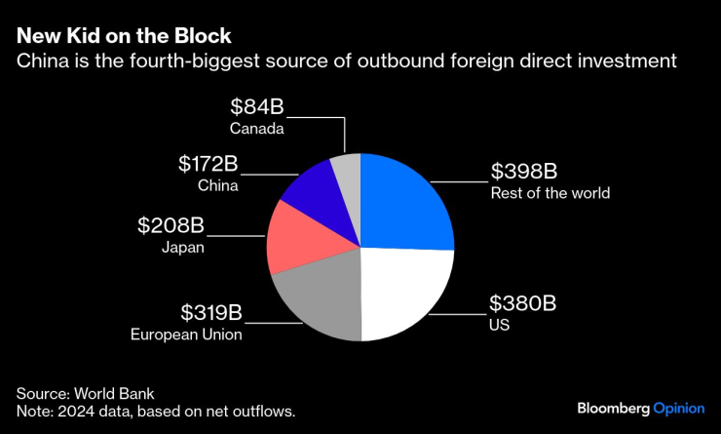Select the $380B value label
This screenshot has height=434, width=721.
click(x=522, y=303)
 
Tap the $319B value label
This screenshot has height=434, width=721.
click(x=211, y=313)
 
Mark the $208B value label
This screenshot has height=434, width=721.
click(x=171, y=225)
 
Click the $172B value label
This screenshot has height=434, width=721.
click(x=209, y=164)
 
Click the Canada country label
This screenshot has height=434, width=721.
click(x=257, y=128)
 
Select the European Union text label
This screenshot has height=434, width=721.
click(x=186, y=335)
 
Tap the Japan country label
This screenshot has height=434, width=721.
click(x=182, y=247)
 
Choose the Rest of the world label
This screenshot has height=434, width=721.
click(x=550, y=193)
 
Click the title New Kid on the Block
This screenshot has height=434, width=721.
click(x=124, y=37)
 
